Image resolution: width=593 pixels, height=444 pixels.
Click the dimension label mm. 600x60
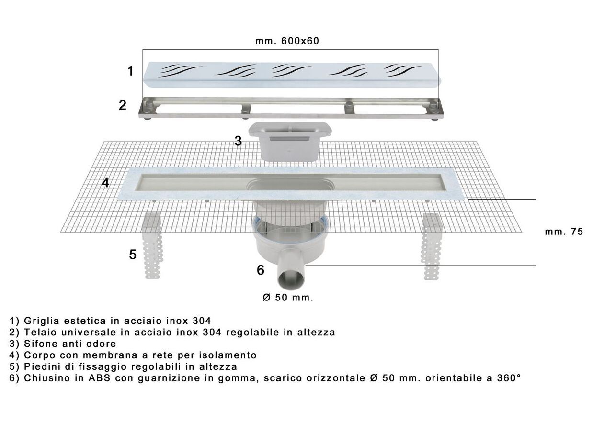pos(287,41)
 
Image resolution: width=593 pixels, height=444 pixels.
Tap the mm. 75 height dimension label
pos(564,232)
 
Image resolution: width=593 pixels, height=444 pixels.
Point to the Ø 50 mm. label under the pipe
pos(288,298)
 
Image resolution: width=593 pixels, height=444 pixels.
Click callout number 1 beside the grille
pos(130,71)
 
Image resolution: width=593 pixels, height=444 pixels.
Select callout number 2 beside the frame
pos(123,105)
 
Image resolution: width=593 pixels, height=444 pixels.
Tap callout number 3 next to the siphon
pos(238,141)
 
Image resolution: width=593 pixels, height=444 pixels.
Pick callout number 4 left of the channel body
pos(105,183)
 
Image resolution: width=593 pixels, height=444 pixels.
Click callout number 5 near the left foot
pos(133,255)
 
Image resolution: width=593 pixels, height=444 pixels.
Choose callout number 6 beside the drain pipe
pos(261,270)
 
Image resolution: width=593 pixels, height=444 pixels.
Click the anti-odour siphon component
pos(290,141)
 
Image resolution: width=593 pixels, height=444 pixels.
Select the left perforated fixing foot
pos(153,245)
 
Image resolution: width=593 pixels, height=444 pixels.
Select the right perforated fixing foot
pos(432,246)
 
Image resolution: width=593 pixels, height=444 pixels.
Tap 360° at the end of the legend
pos(509,378)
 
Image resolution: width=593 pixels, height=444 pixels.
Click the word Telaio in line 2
pos(40,332)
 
